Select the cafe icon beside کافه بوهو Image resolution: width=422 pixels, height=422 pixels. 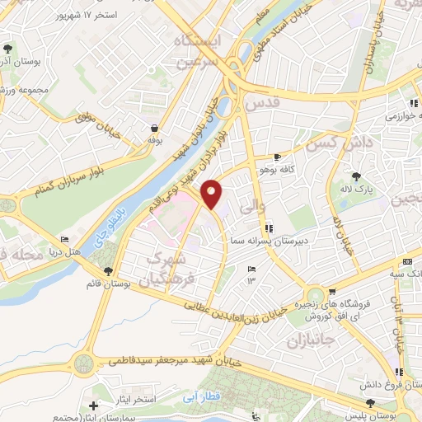point(278,157)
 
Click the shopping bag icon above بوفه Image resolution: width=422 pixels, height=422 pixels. point(153,128)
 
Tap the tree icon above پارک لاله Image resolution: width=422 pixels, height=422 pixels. point(356,176)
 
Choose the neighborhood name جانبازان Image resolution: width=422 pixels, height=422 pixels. point(307,339)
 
